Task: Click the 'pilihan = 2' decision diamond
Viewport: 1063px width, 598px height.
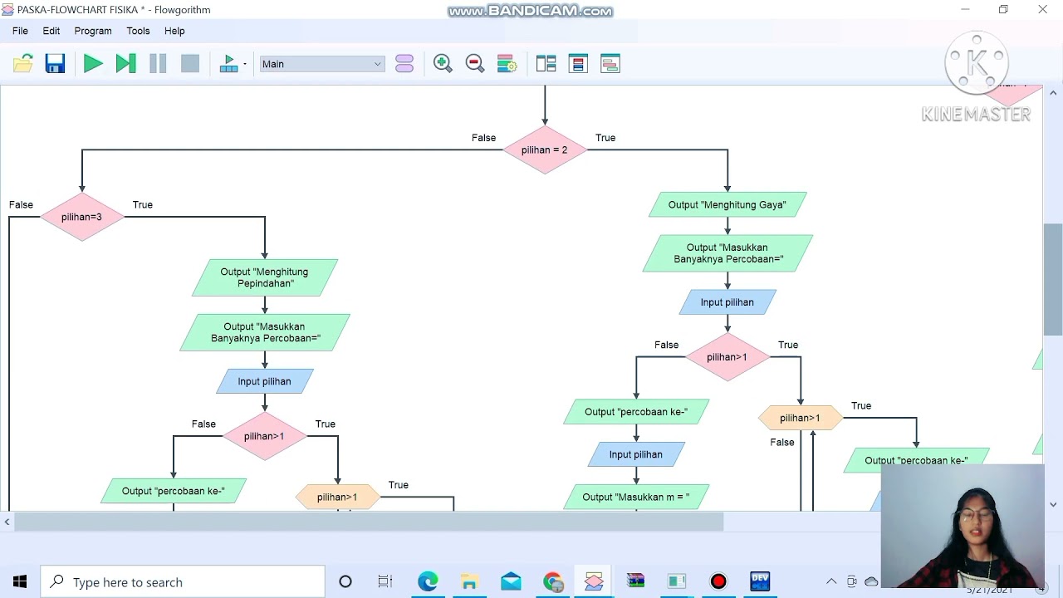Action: [544, 150]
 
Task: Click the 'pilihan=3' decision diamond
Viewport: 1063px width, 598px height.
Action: [81, 218]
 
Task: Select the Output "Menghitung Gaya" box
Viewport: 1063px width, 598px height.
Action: [727, 205]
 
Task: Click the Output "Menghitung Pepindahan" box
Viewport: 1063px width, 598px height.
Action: [264, 277]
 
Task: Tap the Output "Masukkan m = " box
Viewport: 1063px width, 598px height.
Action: [635, 497]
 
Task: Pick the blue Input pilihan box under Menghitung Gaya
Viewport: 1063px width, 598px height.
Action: [727, 302]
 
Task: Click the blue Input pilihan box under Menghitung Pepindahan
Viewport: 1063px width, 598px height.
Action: [264, 381]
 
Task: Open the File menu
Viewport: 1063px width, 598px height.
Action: [20, 31]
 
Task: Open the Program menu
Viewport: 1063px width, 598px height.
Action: [92, 31]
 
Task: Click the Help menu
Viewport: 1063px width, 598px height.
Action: [174, 31]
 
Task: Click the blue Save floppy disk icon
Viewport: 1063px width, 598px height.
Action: [55, 64]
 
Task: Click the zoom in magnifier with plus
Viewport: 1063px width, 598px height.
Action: [443, 64]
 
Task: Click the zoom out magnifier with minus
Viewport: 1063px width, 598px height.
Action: [475, 64]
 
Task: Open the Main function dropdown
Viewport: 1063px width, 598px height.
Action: [322, 64]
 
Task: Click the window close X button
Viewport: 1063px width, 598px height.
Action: [1042, 10]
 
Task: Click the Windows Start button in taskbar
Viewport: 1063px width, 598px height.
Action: [20, 582]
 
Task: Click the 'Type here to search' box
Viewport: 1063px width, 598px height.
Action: [183, 582]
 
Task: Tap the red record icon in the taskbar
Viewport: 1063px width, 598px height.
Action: [718, 581]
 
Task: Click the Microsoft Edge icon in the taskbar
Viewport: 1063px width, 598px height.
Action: [428, 581]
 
